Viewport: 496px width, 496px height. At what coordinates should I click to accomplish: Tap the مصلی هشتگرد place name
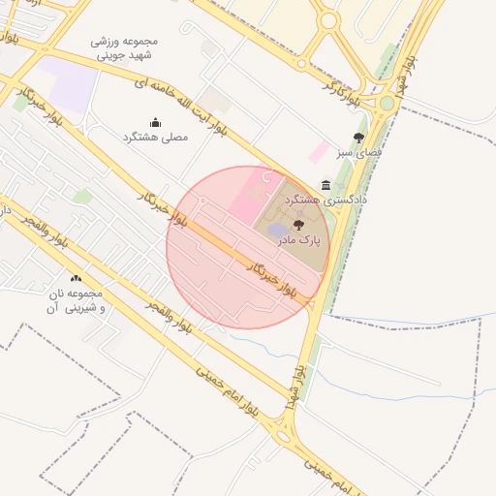tap(156, 138)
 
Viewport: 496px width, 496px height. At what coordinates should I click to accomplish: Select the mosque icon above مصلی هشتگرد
tap(156, 122)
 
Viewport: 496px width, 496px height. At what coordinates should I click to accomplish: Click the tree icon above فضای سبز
tap(359, 138)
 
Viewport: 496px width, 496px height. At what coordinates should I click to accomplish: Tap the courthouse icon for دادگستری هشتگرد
tap(325, 185)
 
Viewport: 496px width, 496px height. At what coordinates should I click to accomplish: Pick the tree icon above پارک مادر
tap(296, 224)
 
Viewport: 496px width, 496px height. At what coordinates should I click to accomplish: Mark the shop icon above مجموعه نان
tap(76, 279)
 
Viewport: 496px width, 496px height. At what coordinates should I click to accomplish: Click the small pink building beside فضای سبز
tap(318, 151)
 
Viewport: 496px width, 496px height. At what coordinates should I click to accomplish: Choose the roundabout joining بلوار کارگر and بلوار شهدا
tap(387, 103)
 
